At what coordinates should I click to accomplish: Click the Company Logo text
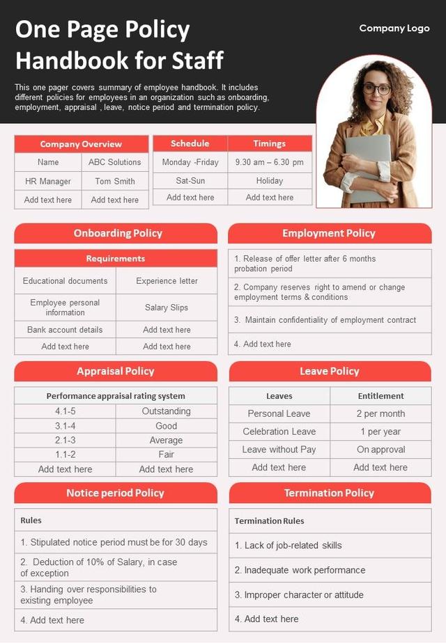pyautogui.click(x=394, y=29)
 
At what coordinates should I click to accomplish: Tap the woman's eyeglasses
pyautogui.click(x=377, y=89)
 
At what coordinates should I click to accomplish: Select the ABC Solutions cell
pyautogui.click(x=115, y=162)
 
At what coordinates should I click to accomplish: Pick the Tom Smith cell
pyautogui.click(x=115, y=181)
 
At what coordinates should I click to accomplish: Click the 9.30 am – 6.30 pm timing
pyautogui.click(x=270, y=162)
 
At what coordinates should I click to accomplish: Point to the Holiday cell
pyautogui.click(x=270, y=180)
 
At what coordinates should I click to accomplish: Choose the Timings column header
pyautogui.click(x=270, y=143)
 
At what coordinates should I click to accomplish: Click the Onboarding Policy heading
pyautogui.click(x=116, y=233)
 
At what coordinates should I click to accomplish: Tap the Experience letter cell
pyautogui.click(x=167, y=281)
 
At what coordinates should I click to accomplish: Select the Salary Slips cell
pyautogui.click(x=167, y=308)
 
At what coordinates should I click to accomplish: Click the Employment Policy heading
pyautogui.click(x=329, y=233)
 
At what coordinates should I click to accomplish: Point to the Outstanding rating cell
pyautogui.click(x=167, y=411)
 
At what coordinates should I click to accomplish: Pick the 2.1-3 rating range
pyautogui.click(x=66, y=440)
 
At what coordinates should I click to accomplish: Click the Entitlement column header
pyautogui.click(x=380, y=396)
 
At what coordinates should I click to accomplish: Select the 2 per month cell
pyautogui.click(x=380, y=413)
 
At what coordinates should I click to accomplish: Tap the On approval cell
pyautogui.click(x=380, y=450)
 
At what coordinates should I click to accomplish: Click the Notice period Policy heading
pyautogui.click(x=116, y=493)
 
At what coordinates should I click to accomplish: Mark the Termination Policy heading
pyautogui.click(x=329, y=493)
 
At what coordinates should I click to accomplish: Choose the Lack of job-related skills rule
pyautogui.click(x=289, y=546)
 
